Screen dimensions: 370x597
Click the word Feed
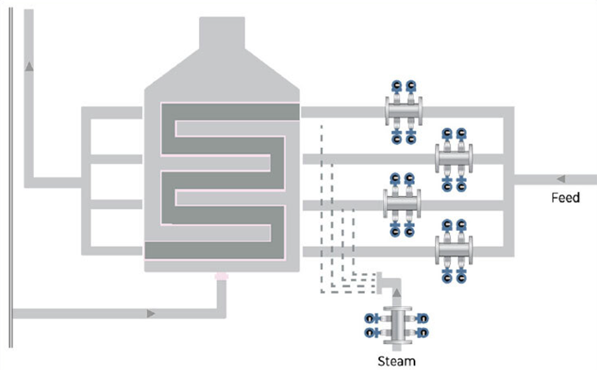point(565,198)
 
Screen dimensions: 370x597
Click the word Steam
point(396,361)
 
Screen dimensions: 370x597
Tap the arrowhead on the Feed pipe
point(561,178)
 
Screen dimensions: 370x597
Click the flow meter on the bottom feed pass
point(454,251)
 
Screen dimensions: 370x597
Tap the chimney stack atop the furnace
point(222,36)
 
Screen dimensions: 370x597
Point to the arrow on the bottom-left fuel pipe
point(152,312)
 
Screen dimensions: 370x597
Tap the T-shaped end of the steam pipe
point(379,282)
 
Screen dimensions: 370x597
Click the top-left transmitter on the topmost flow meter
point(395,86)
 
